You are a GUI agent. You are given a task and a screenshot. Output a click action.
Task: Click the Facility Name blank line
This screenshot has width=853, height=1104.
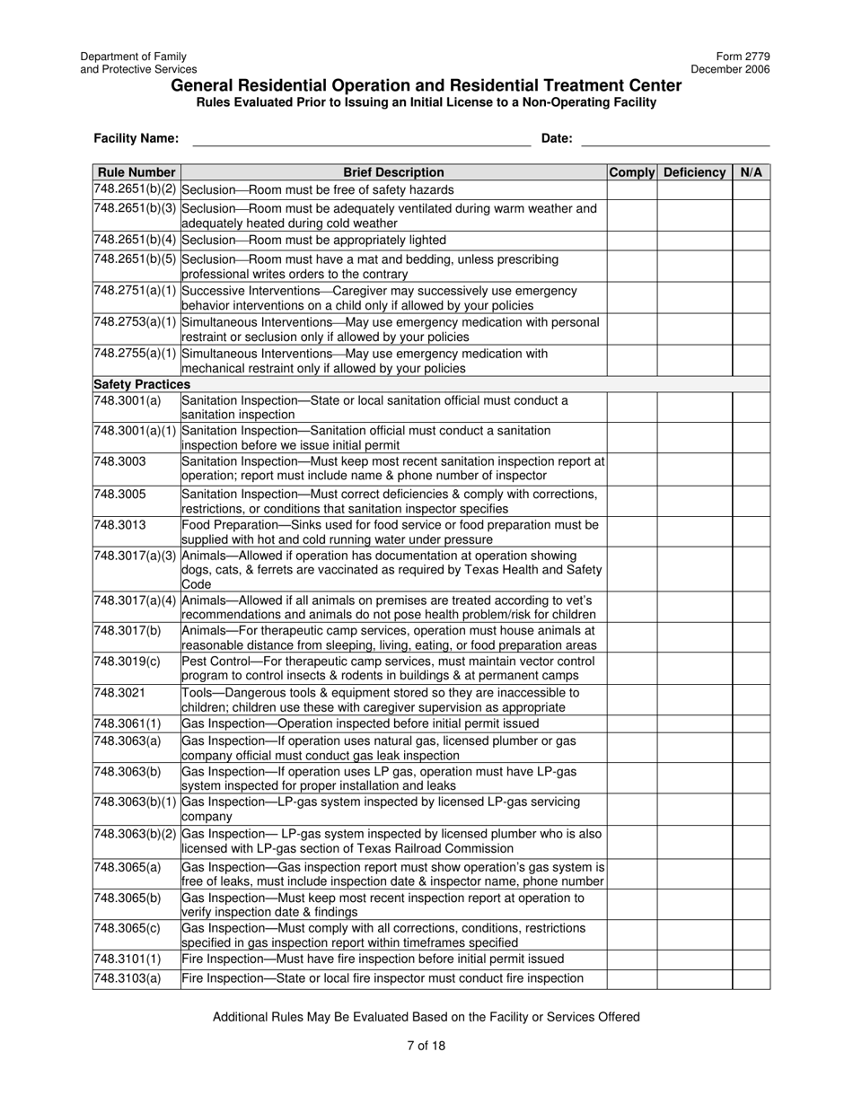coord(361,139)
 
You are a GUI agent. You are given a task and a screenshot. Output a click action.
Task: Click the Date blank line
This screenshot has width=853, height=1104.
coord(675,139)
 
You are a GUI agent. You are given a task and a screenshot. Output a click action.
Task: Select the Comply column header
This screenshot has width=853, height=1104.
coord(632,172)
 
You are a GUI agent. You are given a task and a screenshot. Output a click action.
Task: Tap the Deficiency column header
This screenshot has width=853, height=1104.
coord(694,172)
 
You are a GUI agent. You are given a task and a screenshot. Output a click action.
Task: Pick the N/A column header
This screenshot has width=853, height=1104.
coord(751,172)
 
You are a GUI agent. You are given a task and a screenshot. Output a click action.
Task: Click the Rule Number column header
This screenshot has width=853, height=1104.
coord(136,172)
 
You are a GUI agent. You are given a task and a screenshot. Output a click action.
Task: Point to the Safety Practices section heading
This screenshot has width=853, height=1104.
coord(142,384)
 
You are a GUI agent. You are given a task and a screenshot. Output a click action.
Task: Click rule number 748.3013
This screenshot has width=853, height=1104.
coord(119,525)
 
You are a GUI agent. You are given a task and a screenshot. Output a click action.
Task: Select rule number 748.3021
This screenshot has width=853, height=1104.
coord(119,693)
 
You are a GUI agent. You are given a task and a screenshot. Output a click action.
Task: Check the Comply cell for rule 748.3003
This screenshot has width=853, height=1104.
coord(632,469)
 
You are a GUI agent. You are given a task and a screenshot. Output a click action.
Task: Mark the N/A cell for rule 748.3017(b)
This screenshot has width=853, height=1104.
coord(751,638)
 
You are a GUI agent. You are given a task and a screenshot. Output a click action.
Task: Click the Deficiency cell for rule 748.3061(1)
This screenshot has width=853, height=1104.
coord(694,723)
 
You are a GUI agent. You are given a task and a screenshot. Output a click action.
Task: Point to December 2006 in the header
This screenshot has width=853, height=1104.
coord(730,69)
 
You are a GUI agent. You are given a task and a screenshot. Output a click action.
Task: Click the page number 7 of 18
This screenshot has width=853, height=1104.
coord(426,1045)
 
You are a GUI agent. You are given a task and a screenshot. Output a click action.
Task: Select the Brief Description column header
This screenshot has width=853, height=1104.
coord(393,172)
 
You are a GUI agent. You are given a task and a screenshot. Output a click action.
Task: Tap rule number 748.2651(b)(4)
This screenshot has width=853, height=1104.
coord(136,241)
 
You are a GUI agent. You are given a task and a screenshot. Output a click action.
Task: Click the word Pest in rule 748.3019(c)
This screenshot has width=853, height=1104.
coord(194,662)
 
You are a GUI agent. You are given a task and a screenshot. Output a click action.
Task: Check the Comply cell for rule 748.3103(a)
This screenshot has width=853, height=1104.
coord(632,978)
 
